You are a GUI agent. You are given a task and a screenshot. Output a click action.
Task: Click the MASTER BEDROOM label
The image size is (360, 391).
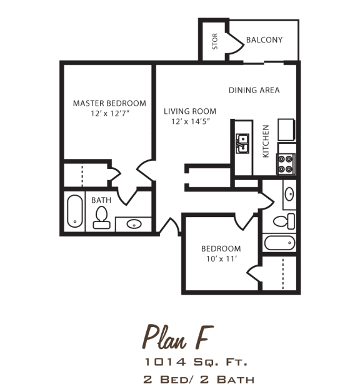pos(109,103)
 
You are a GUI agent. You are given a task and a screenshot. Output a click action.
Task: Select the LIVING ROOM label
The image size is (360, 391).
pos(190,111)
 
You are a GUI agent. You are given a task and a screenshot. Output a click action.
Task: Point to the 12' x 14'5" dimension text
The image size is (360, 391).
pos(190,122)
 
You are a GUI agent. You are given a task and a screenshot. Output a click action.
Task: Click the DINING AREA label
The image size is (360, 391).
pos(254,90)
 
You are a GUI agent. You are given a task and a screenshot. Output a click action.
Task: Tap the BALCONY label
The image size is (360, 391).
pos(264,40)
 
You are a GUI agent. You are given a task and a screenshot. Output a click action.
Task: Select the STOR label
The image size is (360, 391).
pos(215,41)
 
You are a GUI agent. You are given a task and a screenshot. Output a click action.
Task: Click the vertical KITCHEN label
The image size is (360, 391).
pos(266,141)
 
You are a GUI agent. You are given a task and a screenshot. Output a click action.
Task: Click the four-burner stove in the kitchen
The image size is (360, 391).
pos(286,163)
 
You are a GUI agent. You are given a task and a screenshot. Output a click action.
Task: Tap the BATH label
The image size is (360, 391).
pos(101,200)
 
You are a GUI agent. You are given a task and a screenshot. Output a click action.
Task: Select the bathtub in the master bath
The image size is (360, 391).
pos(74,212)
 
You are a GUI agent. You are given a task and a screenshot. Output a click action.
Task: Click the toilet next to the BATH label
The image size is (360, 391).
pos(101,216)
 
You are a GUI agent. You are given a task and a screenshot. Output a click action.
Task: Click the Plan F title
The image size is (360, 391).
pos(175,338)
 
